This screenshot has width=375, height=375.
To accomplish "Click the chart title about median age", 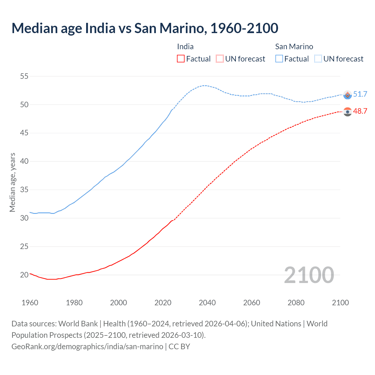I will point(145,28).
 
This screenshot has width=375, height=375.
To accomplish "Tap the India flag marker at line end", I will point(347,112).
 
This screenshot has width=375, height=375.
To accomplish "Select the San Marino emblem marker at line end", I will point(347,95).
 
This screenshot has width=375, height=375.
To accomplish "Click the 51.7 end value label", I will point(360,94).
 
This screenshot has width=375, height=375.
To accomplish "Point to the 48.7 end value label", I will point(360,111).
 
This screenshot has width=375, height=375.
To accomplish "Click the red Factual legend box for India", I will point(181,59).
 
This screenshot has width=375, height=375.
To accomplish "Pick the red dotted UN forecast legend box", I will point(220,59).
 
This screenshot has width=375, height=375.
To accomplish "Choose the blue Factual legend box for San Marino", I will point(279,59).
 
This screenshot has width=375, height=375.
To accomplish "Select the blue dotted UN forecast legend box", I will point(318,59).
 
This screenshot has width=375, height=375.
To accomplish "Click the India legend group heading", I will point(185,47).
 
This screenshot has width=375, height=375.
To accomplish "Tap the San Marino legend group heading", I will point(294,47).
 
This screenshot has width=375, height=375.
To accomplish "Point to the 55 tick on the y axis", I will point(24,76).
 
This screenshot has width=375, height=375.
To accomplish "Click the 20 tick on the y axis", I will point(24,275).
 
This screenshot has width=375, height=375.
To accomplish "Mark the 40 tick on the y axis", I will point(24,161).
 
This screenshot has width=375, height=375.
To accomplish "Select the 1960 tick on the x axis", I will point(30,303).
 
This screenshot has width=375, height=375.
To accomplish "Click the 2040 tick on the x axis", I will point(207,303).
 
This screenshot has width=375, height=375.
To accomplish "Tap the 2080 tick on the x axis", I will point(296,303).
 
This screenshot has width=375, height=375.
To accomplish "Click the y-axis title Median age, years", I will point(12,182).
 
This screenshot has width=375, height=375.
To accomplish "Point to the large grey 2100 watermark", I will point(309,275).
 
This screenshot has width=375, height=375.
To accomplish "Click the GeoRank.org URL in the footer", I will point(87,346).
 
